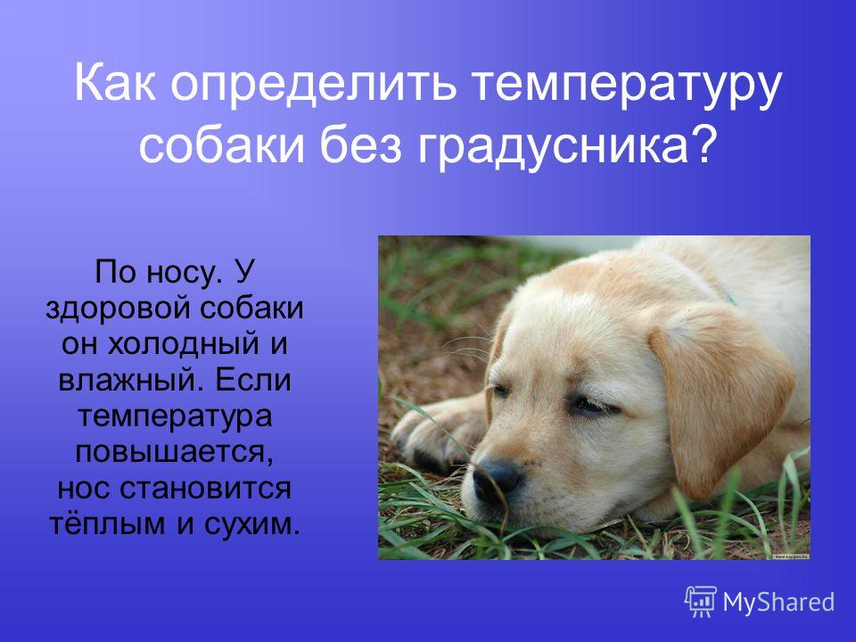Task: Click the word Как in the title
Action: (x=114, y=84)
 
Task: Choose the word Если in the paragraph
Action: (x=253, y=380)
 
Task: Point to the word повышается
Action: (x=174, y=453)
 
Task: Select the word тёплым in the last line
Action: (x=107, y=523)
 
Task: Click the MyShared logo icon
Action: (x=701, y=602)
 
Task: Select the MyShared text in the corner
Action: (x=778, y=602)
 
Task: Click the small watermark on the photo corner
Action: (x=790, y=556)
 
